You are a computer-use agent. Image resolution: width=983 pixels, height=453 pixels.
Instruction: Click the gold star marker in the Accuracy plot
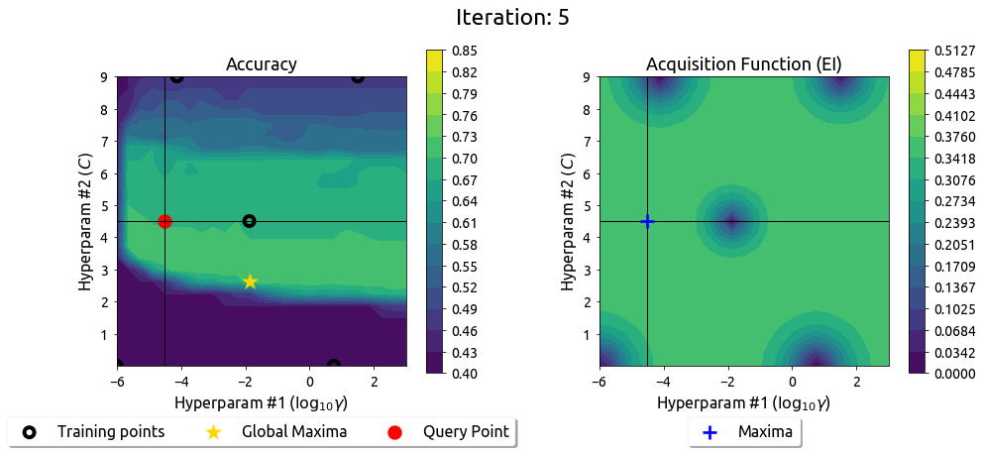250,282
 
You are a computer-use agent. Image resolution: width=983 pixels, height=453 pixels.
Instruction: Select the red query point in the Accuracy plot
164,221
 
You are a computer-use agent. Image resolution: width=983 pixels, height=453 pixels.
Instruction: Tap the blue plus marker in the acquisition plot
647,221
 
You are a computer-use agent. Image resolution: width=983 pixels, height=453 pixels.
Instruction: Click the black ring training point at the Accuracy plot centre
250,221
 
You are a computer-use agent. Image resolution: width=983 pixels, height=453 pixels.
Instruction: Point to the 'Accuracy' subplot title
262,64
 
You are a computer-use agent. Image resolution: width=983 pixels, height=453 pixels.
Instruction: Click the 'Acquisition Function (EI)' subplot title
744,64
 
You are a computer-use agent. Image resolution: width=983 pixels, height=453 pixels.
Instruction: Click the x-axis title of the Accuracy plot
262,403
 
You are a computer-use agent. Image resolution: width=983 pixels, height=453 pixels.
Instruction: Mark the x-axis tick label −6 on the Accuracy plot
116,383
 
